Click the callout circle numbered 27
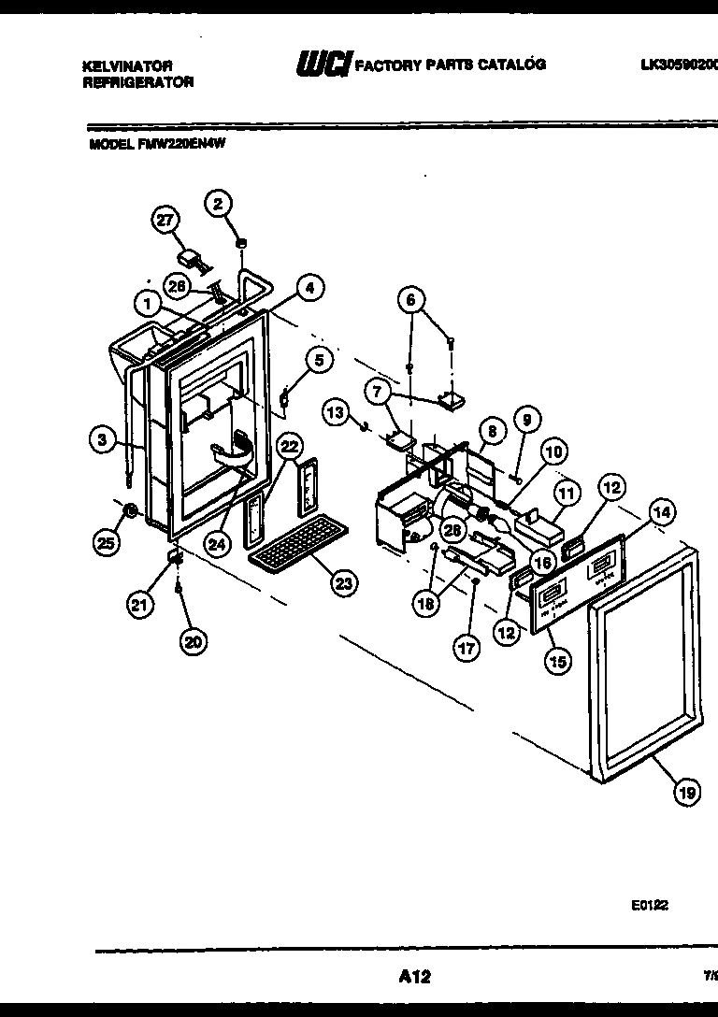tap(165, 221)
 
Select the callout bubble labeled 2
tap(219, 203)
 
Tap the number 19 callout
tap(687, 792)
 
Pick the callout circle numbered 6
tap(409, 300)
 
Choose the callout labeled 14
tap(662, 511)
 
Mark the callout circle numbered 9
tap(525, 421)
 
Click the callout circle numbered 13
tap(337, 409)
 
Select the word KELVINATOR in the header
tap(127, 65)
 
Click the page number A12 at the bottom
tap(414, 977)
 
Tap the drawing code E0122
tap(649, 905)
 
